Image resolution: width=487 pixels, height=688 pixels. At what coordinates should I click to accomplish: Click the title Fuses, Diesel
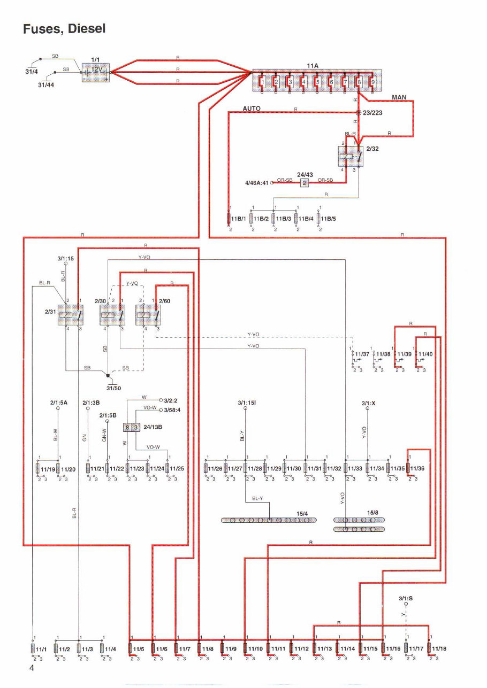pyautogui.click(x=64, y=28)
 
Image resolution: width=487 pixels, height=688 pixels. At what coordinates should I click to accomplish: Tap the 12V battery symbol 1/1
pyautogui.click(x=95, y=72)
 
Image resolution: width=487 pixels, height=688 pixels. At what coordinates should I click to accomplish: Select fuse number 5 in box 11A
pyautogui.click(x=317, y=82)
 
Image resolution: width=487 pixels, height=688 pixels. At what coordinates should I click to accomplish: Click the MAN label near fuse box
pyautogui.click(x=399, y=97)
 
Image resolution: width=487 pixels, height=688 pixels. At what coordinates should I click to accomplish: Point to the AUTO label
pyautogui.click(x=252, y=109)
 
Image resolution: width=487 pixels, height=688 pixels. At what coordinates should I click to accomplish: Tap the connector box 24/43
pyautogui.click(x=305, y=183)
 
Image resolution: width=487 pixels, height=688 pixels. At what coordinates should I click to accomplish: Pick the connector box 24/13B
pyautogui.click(x=132, y=427)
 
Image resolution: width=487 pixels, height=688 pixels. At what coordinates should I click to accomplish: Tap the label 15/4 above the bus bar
pyautogui.click(x=302, y=513)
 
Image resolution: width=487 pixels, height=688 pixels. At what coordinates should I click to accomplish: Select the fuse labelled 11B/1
pyautogui.click(x=230, y=219)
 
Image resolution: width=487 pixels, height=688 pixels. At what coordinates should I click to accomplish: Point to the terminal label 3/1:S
pyautogui.click(x=406, y=598)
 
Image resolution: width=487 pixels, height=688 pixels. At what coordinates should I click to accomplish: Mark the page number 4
pyautogui.click(x=32, y=668)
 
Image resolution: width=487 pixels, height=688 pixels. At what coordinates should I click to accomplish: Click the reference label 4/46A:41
pyautogui.click(x=256, y=183)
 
